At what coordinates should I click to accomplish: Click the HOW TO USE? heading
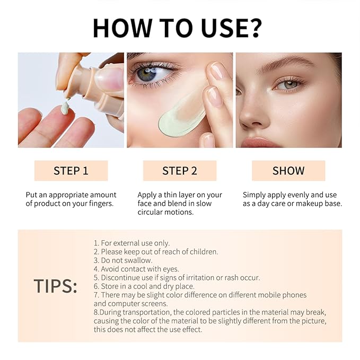click(x=180, y=28)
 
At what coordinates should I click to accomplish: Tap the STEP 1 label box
click(x=71, y=171)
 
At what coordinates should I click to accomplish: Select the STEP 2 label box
click(x=180, y=171)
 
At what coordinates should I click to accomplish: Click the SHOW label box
click(x=288, y=171)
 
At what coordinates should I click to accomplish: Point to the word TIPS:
click(x=56, y=286)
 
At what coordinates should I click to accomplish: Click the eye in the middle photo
click(x=147, y=73)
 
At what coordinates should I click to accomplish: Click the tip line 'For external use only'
click(x=131, y=243)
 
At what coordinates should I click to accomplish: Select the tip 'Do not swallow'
click(x=123, y=260)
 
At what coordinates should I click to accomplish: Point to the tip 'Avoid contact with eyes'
click(x=136, y=269)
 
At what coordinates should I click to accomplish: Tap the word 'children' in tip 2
click(x=202, y=252)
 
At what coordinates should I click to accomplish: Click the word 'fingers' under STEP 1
click(x=100, y=204)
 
